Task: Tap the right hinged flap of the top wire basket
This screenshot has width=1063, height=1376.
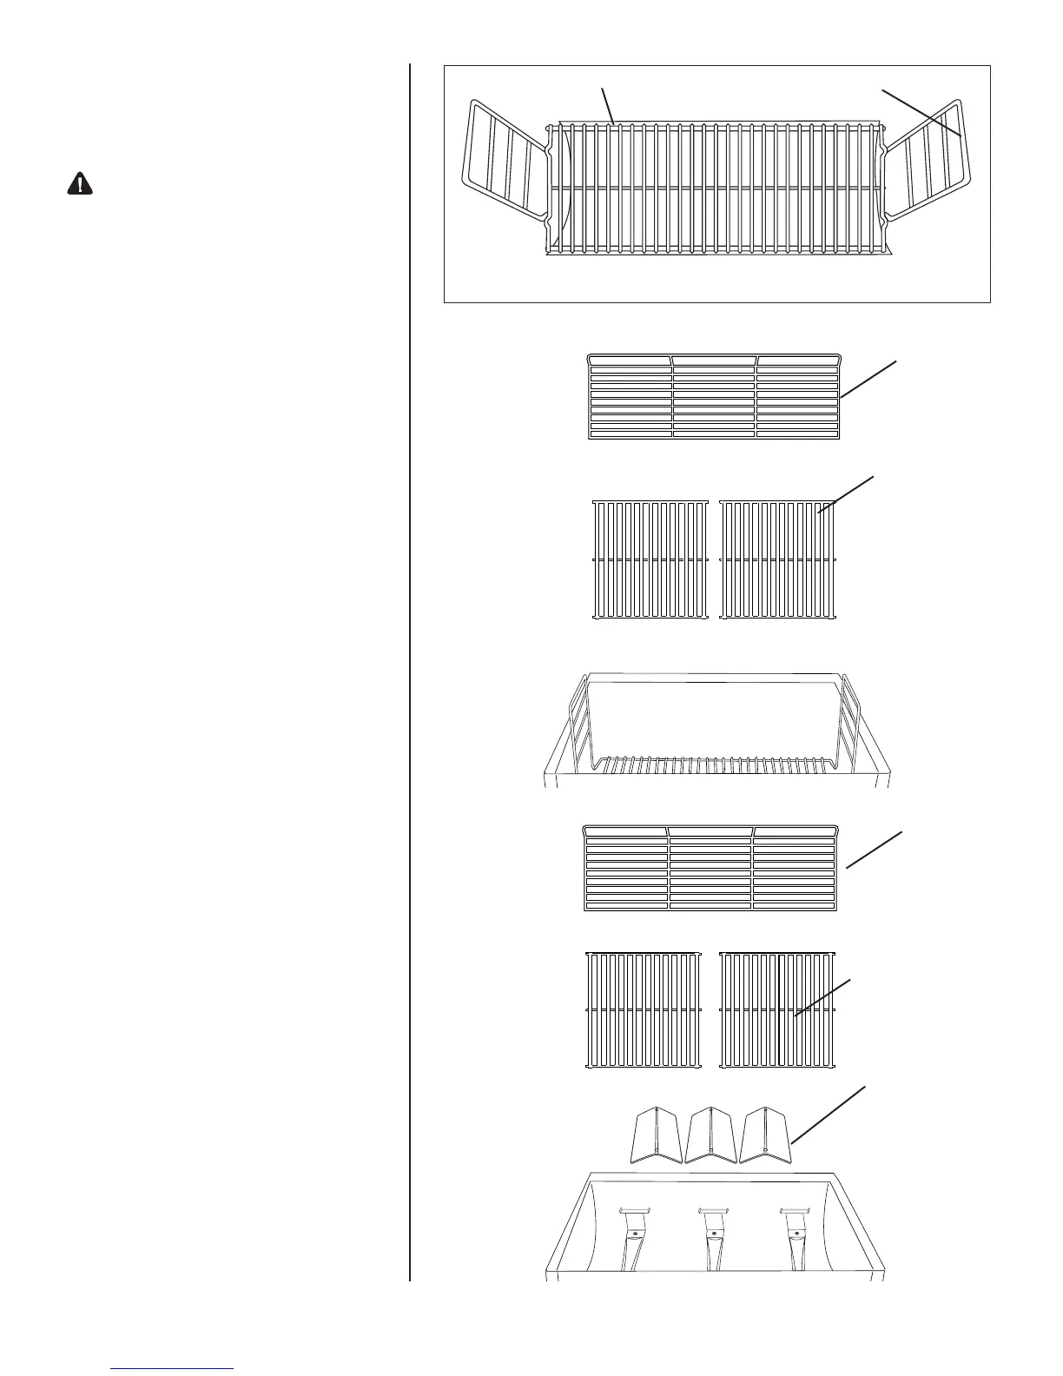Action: (x=929, y=161)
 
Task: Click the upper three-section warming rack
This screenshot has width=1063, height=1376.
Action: (x=715, y=396)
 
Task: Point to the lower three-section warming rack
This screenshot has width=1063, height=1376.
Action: (x=711, y=868)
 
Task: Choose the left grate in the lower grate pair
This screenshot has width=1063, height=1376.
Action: (x=644, y=1010)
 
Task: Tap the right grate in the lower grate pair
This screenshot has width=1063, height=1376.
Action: (x=778, y=1010)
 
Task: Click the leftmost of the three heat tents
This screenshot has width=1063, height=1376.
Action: (x=656, y=1134)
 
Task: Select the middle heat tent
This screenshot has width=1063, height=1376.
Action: (x=711, y=1134)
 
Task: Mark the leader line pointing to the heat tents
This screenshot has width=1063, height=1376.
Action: (x=828, y=1113)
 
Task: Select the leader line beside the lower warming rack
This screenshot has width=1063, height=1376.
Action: (x=875, y=849)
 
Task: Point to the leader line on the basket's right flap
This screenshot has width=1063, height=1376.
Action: (x=921, y=112)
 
